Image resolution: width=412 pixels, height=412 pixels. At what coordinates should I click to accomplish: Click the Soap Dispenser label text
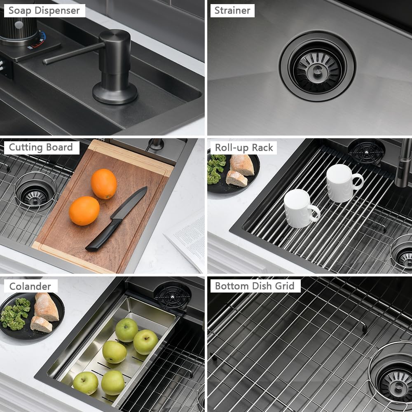[44, 11]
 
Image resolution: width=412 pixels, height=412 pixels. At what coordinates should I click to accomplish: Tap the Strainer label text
[232, 11]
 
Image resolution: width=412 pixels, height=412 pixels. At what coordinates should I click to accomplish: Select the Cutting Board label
[41, 147]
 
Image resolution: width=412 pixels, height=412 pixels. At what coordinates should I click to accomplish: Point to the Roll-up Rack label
[244, 147]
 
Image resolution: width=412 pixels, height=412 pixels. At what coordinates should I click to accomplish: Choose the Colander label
[30, 286]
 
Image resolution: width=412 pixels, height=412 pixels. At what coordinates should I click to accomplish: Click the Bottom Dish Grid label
[255, 286]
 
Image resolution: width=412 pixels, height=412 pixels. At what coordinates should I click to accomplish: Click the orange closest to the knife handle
[84, 211]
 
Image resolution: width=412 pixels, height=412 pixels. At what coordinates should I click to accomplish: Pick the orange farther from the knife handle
[104, 184]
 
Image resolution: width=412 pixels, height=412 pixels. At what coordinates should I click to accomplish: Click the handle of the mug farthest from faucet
[315, 213]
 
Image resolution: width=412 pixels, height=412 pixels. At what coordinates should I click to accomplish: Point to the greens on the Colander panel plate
[15, 314]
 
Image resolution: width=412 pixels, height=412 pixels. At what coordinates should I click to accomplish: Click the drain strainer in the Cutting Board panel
[35, 192]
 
